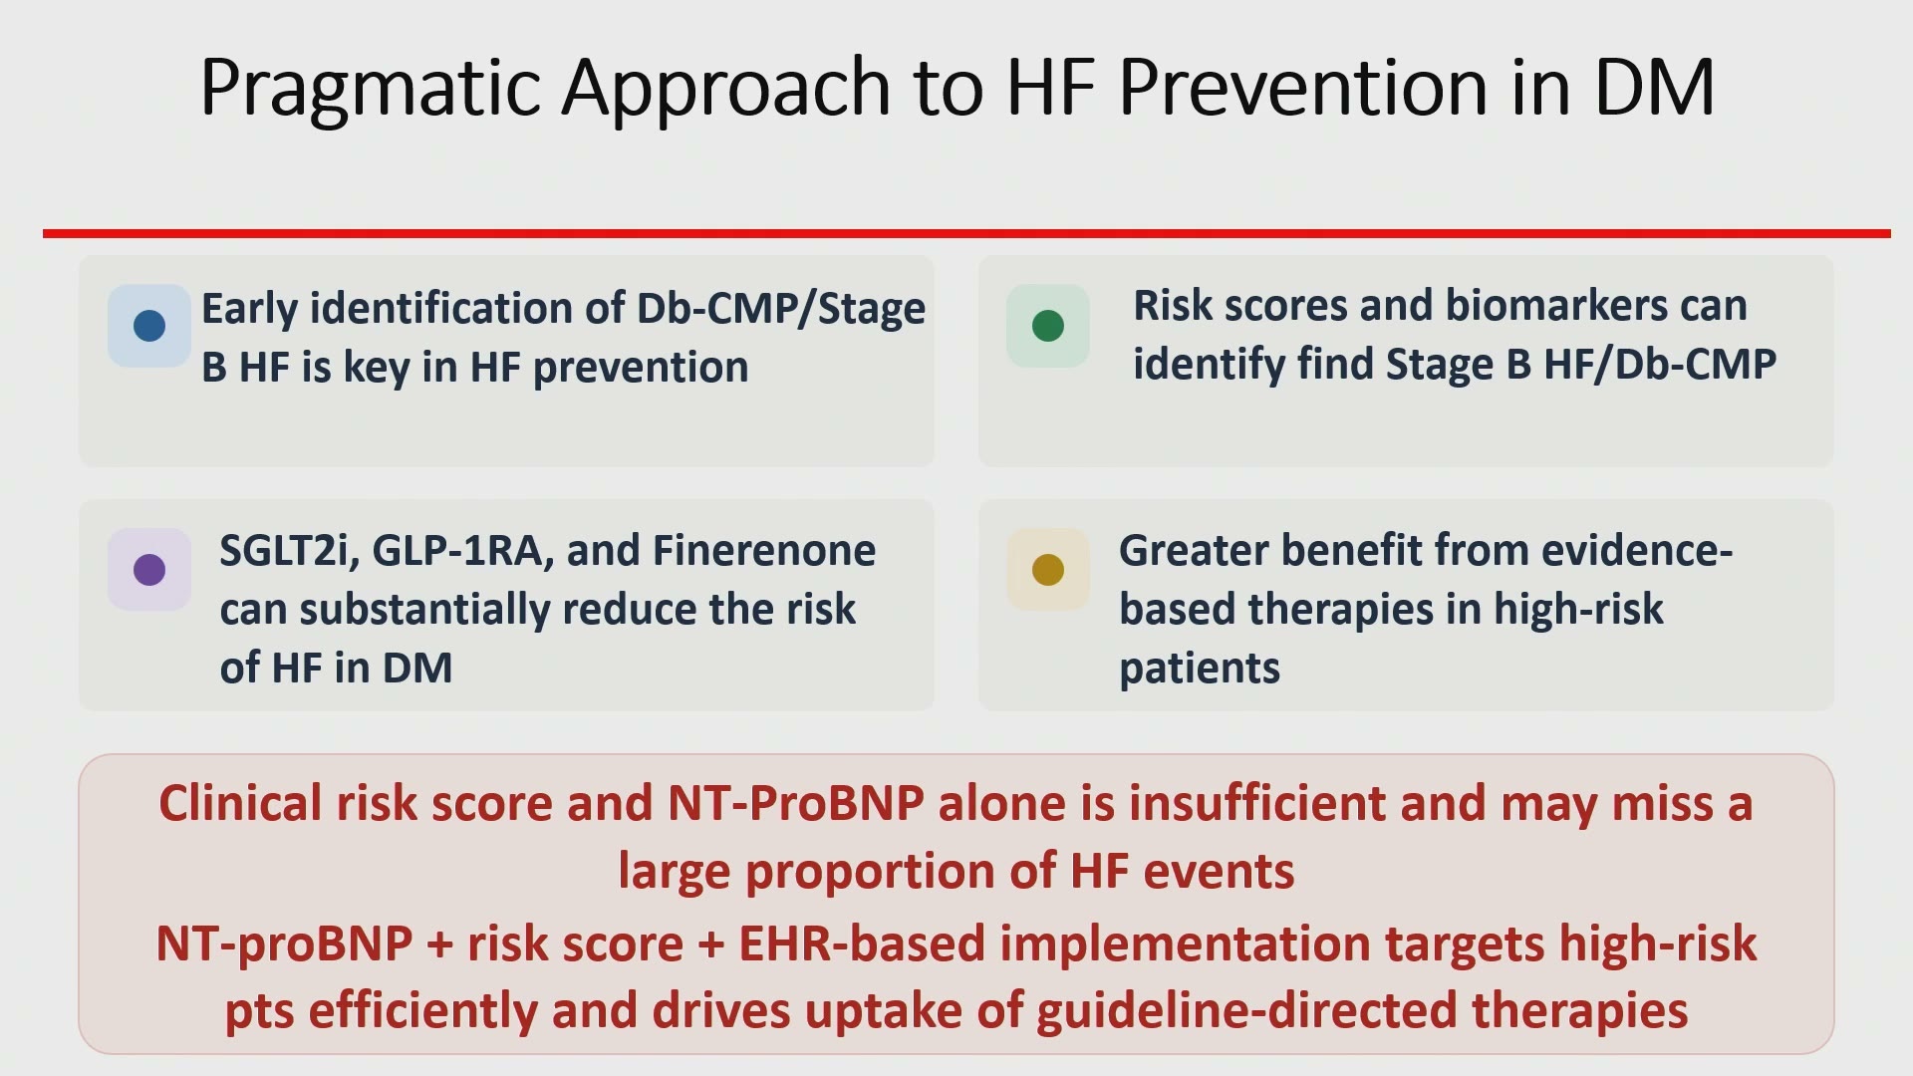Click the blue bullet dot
(x=149, y=326)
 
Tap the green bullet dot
(x=1048, y=326)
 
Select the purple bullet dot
(x=149, y=570)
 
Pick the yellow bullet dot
(x=1048, y=570)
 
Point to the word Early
(x=250, y=310)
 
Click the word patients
(x=1200, y=669)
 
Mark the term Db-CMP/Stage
(x=781, y=310)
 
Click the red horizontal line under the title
(x=966, y=233)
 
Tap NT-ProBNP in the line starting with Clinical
(x=796, y=803)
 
